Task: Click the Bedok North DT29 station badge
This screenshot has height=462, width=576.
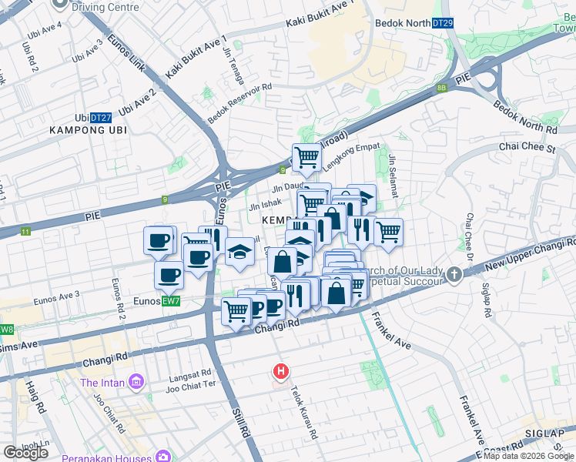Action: click(x=442, y=23)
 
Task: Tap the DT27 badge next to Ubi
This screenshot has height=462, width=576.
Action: click(x=101, y=118)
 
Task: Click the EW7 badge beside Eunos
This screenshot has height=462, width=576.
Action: click(x=171, y=301)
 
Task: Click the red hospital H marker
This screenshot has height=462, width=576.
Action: click(x=282, y=372)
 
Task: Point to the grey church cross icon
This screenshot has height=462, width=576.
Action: click(x=455, y=273)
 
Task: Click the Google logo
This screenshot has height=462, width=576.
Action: click(x=26, y=453)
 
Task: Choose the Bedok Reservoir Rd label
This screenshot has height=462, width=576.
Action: click(x=240, y=104)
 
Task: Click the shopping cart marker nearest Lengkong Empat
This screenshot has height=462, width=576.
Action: click(x=306, y=158)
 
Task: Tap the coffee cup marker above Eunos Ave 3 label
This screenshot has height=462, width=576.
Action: click(x=169, y=274)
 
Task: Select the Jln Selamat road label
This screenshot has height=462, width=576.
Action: click(x=393, y=176)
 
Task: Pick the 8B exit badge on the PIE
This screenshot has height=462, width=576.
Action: click(x=441, y=88)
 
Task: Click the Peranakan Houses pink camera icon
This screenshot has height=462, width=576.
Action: click(x=162, y=457)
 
